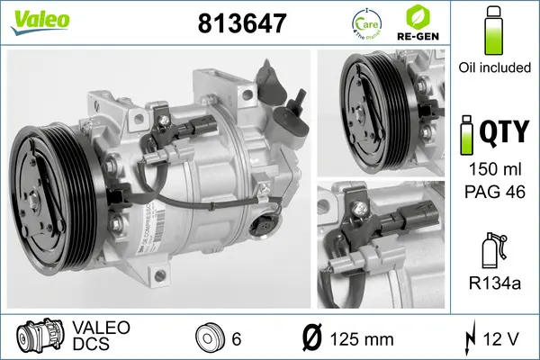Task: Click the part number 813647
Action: [240, 24]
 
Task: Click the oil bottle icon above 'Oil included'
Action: [493, 31]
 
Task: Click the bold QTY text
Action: [503, 134]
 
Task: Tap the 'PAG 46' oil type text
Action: [493, 191]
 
